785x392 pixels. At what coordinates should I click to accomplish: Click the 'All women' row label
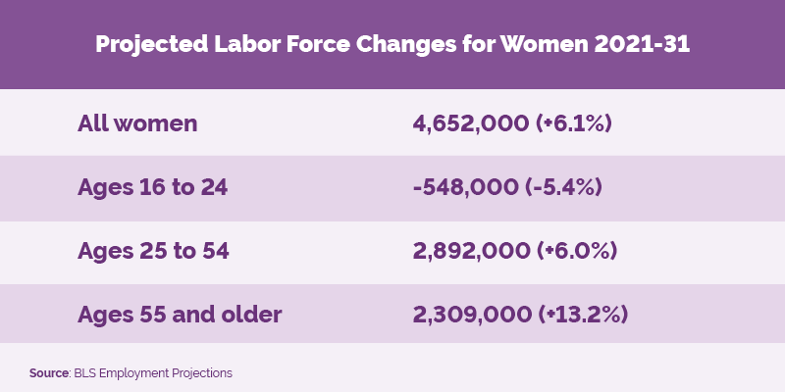(x=137, y=123)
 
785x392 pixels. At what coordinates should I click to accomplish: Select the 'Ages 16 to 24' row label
(x=152, y=187)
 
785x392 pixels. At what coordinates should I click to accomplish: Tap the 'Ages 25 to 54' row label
(x=153, y=251)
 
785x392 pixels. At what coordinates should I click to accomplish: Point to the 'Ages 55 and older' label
(x=180, y=315)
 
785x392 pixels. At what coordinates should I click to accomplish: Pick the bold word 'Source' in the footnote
(x=47, y=373)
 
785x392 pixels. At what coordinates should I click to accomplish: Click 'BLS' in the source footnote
(x=84, y=373)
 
